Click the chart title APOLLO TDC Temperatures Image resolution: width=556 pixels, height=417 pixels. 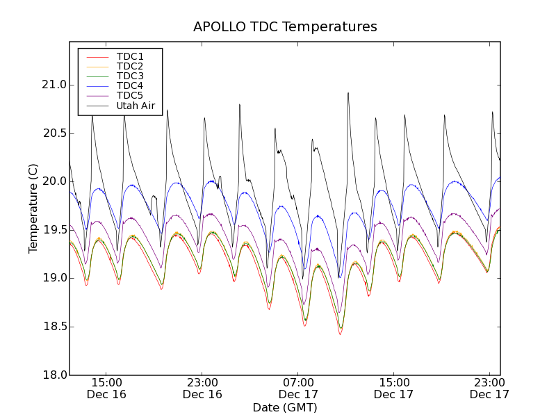[x=285, y=27]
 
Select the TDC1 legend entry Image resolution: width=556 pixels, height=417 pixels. [x=130, y=56]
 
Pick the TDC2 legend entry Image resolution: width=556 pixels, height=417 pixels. [x=130, y=66]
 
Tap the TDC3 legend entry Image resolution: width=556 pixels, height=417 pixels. [x=130, y=76]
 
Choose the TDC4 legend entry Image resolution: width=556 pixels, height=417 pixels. [x=130, y=86]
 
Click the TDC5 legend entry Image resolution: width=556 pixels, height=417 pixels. [x=130, y=96]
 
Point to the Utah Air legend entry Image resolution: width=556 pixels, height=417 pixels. [x=135, y=106]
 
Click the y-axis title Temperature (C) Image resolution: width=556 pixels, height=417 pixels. [x=33, y=208]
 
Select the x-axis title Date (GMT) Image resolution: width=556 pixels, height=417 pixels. [x=285, y=408]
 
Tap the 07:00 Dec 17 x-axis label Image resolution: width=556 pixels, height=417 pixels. [x=298, y=388]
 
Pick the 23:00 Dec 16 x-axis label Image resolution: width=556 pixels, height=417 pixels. [x=202, y=388]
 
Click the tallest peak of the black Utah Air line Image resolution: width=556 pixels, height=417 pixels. [x=348, y=92]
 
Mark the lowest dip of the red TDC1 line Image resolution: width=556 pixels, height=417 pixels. [x=340, y=334]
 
